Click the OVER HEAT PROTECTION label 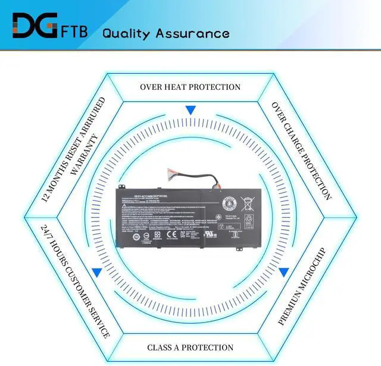(190, 87)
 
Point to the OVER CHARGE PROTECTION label (301, 150)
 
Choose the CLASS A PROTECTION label (190, 347)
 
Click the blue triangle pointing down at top (190, 110)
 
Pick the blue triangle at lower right (284, 273)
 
